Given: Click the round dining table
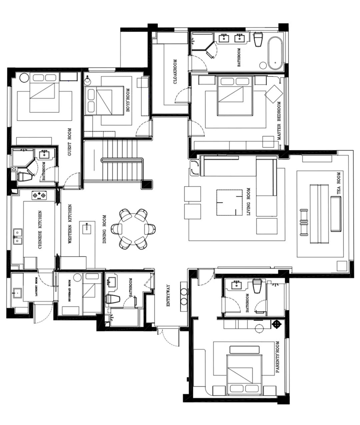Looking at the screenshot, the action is [133, 229].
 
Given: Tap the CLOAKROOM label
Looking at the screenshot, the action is [175, 71].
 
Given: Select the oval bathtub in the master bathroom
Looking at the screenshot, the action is [275, 53].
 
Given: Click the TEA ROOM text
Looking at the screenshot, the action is [338, 183].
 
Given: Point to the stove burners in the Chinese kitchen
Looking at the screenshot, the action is [39, 195].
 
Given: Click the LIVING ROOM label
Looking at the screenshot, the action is [248, 201].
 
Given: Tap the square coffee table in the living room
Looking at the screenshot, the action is [229, 202].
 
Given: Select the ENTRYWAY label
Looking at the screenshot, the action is [168, 296].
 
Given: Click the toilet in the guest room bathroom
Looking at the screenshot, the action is [25, 176].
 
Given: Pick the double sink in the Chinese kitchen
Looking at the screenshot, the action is [18, 237].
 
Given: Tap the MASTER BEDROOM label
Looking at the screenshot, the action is [279, 121].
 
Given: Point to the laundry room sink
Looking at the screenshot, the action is [17, 293].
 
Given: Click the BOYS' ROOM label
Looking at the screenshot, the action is [128, 100].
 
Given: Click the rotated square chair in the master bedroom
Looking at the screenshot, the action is [274, 94].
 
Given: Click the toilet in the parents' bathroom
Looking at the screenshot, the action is [257, 286].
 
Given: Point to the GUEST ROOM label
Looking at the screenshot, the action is [69, 142].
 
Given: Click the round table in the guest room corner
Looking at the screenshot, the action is [24, 78].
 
